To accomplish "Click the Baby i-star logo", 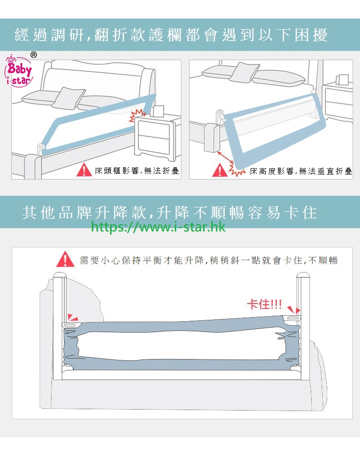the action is (x=19, y=71).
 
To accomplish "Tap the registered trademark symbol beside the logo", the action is (x=34, y=55).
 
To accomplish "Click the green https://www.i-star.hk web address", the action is (x=158, y=227).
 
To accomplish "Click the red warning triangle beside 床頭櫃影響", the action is (x=84, y=170).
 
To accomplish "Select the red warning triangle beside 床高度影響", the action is (x=220, y=170).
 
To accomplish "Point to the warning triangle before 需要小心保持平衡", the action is (x=65, y=259).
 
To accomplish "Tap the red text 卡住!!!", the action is (x=264, y=304).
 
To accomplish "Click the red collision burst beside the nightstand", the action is (x=137, y=116).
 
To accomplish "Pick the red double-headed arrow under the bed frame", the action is (x=225, y=157).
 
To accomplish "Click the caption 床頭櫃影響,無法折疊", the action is (x=137, y=171).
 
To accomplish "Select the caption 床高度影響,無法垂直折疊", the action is (x=301, y=171).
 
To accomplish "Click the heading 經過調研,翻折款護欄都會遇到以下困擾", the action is (x=171, y=35).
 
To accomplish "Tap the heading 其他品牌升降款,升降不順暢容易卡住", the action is (x=170, y=212).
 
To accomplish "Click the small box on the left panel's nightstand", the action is (x=158, y=111).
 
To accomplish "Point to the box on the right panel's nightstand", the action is (x=342, y=79).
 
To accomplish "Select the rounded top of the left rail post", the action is (x=60, y=275).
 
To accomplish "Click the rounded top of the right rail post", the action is (x=303, y=275).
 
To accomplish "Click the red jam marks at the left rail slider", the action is (x=72, y=318).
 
